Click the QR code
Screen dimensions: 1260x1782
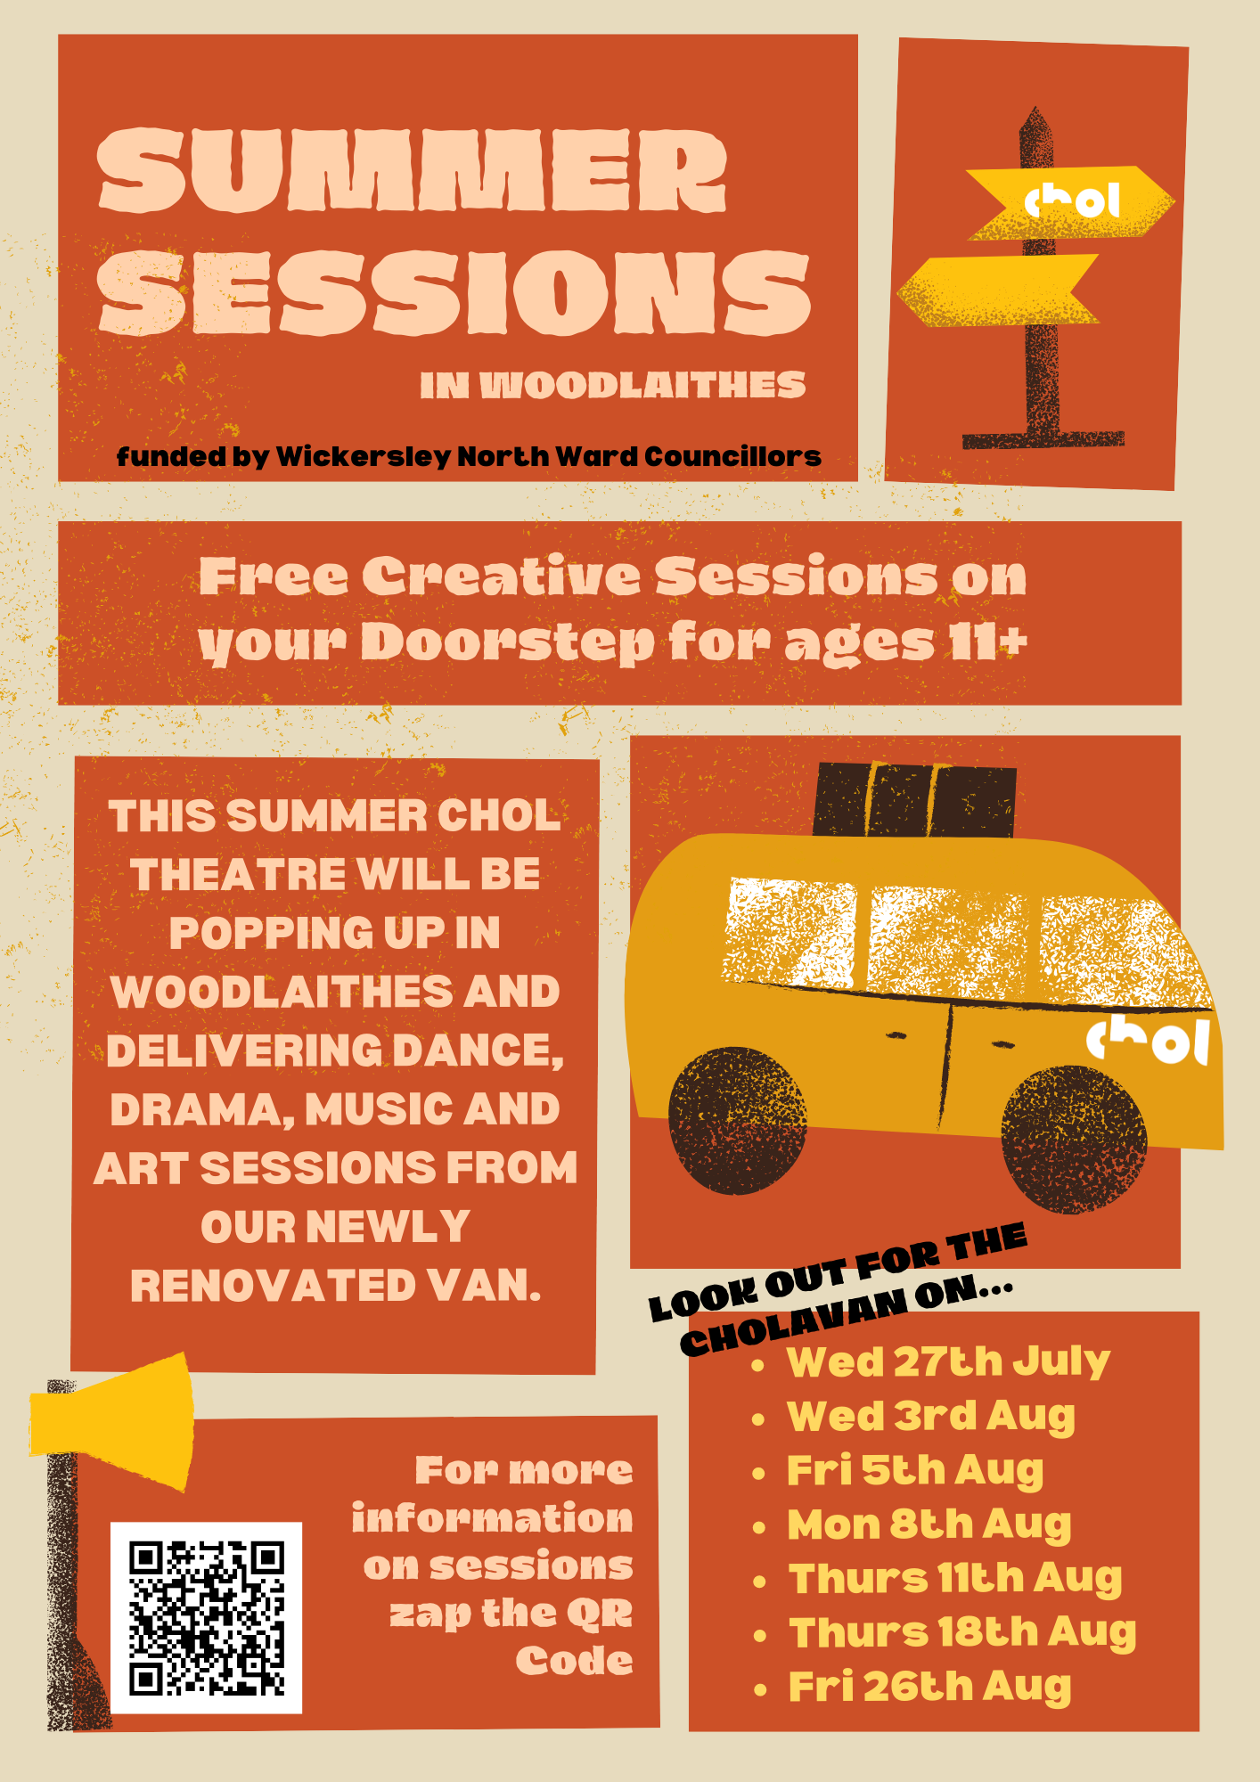(206, 1617)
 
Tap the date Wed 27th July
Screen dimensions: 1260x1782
(948, 1362)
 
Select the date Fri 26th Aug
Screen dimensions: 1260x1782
(929, 1688)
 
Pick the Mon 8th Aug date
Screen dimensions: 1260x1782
(929, 1525)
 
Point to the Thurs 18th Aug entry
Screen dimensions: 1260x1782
(962, 1633)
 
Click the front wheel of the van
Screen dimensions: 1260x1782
(1074, 1140)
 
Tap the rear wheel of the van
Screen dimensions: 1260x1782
(738, 1121)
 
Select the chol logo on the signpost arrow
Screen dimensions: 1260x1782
(1072, 201)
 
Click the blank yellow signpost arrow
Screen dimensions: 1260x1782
(998, 290)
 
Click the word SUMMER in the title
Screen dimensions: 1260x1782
(412, 170)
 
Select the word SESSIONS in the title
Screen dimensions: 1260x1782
(454, 292)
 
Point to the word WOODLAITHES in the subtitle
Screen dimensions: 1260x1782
(642, 385)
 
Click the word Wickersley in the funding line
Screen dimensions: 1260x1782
(364, 456)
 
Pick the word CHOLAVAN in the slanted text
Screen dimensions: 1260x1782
(792, 1326)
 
